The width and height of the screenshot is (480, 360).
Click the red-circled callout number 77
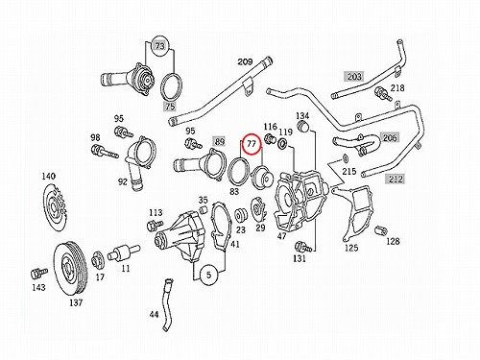click(x=252, y=144)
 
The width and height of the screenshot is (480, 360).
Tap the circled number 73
click(x=160, y=46)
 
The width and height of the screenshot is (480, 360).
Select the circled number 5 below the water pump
click(x=209, y=275)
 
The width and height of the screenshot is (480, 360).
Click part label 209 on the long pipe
click(x=245, y=61)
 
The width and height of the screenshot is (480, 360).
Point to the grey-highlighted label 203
click(x=354, y=77)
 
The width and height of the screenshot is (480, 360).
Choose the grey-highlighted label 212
click(x=396, y=179)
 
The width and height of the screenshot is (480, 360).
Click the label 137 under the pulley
click(x=76, y=302)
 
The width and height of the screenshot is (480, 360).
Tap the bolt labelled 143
click(x=38, y=273)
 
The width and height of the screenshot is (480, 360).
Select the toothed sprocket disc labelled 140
click(x=55, y=207)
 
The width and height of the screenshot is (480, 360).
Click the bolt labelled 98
click(x=105, y=152)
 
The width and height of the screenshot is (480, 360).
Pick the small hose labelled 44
click(x=167, y=305)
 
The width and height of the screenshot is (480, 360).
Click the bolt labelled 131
click(x=303, y=247)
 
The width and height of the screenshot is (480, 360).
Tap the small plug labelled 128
click(x=381, y=230)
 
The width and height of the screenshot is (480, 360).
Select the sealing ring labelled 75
click(x=171, y=86)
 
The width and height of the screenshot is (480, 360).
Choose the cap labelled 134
click(x=303, y=127)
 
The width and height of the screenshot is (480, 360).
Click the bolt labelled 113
click(x=155, y=226)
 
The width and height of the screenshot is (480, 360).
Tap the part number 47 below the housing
click(x=282, y=236)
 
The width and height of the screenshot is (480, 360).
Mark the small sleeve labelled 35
click(x=203, y=210)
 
